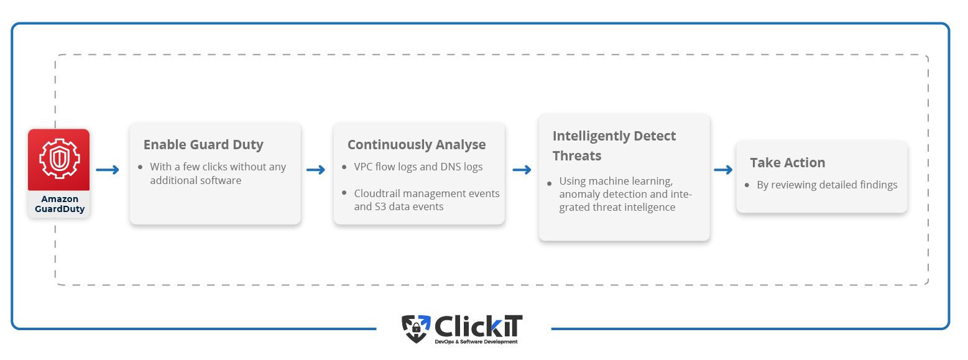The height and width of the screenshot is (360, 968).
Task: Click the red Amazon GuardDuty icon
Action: coord(59,159)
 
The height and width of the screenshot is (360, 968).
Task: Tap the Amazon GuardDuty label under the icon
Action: coord(60,204)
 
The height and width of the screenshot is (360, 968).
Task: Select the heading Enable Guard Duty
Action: coord(203,145)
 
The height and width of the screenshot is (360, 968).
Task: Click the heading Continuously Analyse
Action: coord(417,145)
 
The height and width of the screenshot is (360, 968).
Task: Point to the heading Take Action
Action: coord(787,162)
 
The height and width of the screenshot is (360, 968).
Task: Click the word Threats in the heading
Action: coord(577,155)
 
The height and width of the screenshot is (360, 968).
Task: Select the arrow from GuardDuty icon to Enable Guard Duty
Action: coord(107,169)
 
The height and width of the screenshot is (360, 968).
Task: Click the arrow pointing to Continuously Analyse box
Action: coord(315,169)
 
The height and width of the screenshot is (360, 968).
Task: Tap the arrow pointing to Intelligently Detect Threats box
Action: coord(522,169)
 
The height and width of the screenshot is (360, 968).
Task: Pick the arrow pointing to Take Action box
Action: coord(723,169)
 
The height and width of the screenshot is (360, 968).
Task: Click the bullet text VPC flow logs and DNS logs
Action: coord(418,167)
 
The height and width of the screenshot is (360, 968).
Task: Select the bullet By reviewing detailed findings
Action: coord(827,185)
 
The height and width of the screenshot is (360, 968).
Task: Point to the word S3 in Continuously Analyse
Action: coord(380,206)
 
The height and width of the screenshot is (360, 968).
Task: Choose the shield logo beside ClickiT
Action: coord(416,329)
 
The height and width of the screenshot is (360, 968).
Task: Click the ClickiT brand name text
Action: coord(478,326)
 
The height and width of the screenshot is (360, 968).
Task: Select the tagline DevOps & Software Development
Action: coord(476,342)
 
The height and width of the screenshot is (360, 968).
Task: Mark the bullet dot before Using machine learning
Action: coord(549,183)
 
